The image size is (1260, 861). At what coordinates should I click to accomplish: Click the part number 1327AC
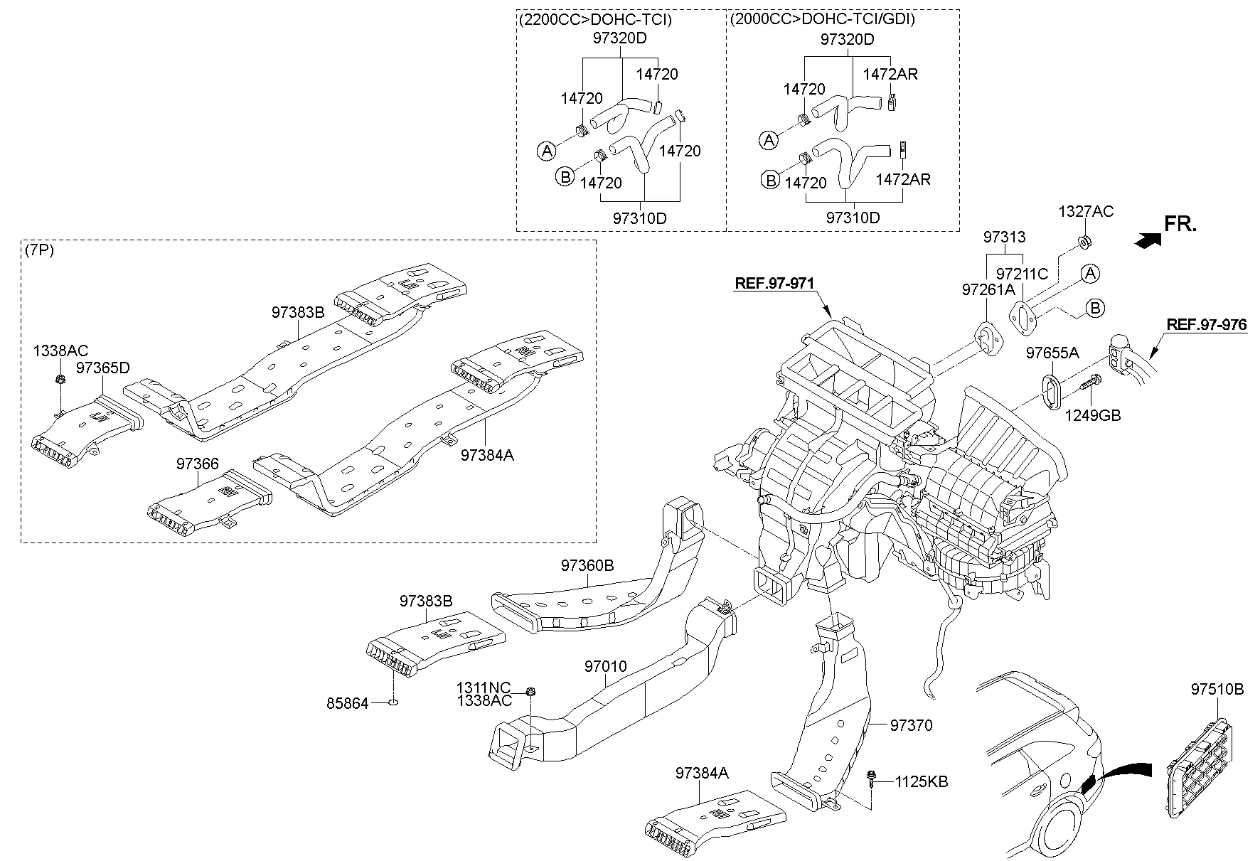click(x=1086, y=212)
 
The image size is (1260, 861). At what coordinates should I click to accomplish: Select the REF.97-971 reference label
click(x=774, y=283)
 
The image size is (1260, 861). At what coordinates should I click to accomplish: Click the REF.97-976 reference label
click(x=1207, y=325)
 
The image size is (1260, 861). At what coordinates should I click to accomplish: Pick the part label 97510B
click(x=1217, y=689)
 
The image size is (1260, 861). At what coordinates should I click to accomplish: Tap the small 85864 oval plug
click(x=393, y=704)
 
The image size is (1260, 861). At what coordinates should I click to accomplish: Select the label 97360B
click(x=587, y=566)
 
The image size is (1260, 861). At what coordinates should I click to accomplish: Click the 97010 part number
click(x=606, y=667)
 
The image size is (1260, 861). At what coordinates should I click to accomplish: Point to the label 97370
click(x=911, y=725)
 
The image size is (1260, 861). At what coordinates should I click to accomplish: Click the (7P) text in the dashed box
click(x=39, y=250)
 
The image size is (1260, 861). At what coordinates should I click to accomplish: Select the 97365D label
click(x=103, y=368)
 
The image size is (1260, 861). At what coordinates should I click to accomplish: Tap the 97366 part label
click(x=198, y=464)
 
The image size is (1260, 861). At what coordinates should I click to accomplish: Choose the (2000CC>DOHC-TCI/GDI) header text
click(x=821, y=19)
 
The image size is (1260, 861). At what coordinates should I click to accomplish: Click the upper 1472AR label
click(x=890, y=74)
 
